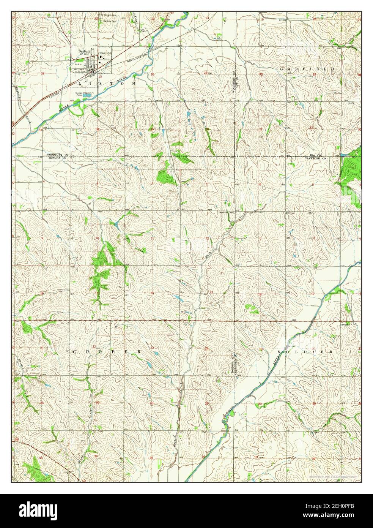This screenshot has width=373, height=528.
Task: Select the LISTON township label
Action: click(107, 83)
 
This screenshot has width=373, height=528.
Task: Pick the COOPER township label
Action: click(107, 352)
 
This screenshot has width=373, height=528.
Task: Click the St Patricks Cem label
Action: click(107, 15)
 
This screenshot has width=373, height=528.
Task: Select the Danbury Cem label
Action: click(107, 21)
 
